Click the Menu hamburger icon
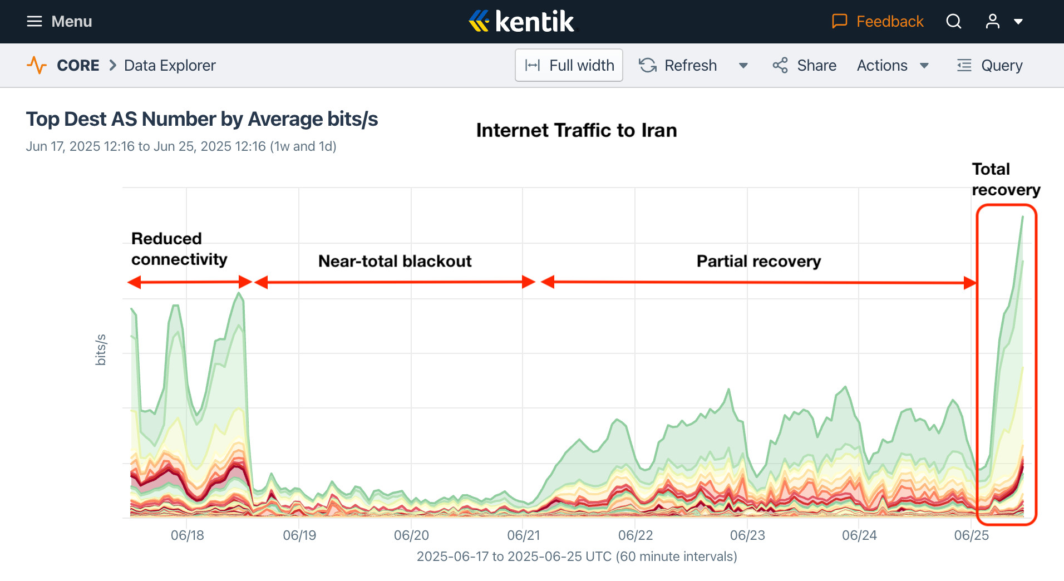tap(35, 22)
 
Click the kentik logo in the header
tap(522, 22)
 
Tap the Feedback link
tap(878, 22)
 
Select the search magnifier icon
tap(953, 22)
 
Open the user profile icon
tap(992, 22)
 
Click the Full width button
tap(569, 65)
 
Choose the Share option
tap(804, 65)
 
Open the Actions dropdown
tap(893, 65)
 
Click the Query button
tap(989, 65)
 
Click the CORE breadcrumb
tap(78, 65)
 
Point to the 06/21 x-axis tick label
tap(523, 535)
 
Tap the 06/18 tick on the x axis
tap(187, 535)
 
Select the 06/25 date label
tap(971, 535)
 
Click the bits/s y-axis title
tap(101, 349)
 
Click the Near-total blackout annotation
tap(395, 261)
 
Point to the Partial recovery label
tap(758, 261)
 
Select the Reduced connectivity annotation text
tap(179, 249)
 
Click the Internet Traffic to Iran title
tap(577, 130)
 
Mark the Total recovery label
tap(1005, 179)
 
